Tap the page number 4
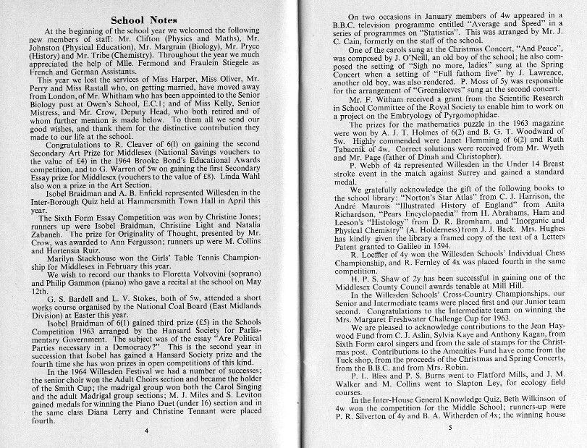145,431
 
